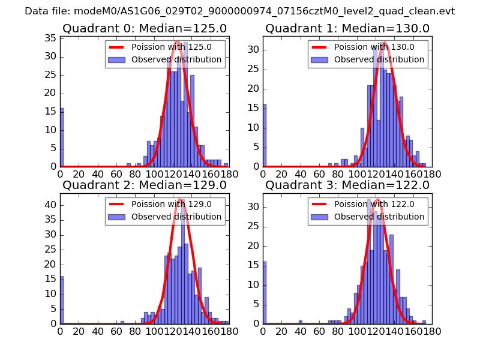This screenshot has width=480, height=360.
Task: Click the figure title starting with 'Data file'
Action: (240, 11)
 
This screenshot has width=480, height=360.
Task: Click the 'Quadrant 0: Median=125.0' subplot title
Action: (144, 28)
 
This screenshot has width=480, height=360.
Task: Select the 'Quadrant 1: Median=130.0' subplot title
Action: (347, 28)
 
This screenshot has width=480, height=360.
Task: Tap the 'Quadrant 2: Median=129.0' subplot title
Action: (144, 185)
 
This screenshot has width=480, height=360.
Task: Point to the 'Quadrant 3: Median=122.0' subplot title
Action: (347, 185)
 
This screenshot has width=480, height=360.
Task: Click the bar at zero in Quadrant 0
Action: (62, 137)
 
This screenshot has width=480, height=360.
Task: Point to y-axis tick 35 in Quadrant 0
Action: (50, 38)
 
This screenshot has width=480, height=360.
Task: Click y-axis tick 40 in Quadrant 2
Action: (50, 205)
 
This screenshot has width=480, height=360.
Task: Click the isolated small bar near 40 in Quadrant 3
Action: (301, 322)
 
